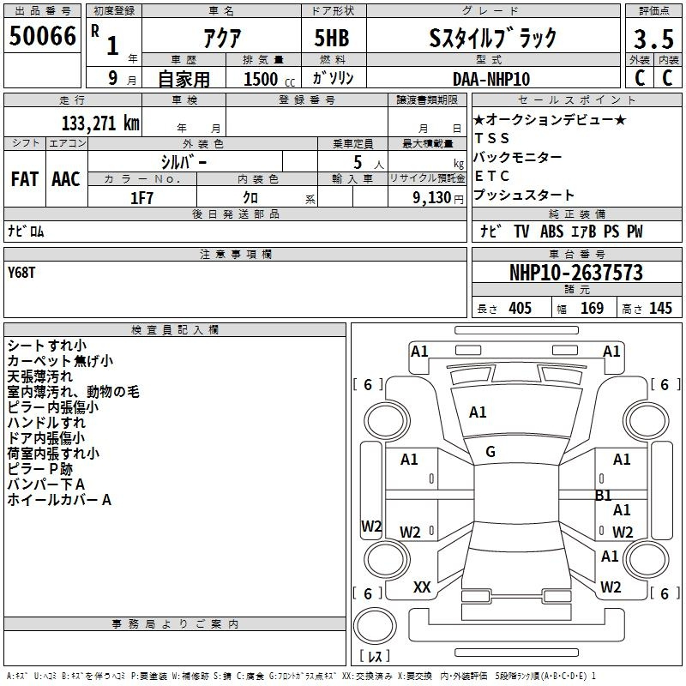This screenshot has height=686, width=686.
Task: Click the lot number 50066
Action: (x=42, y=36)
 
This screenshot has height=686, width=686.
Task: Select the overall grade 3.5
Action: (x=653, y=39)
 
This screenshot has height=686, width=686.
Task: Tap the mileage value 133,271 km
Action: (x=100, y=123)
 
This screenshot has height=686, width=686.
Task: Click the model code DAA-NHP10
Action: (x=490, y=79)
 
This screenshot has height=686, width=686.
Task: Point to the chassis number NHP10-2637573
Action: (x=576, y=273)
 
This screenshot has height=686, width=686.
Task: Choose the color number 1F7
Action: (x=141, y=198)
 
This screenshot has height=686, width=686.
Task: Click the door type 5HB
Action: (x=332, y=38)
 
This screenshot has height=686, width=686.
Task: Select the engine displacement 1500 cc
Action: (x=269, y=79)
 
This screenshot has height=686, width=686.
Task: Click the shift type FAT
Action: (x=25, y=179)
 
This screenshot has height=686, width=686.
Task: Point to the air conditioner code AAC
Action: (x=66, y=179)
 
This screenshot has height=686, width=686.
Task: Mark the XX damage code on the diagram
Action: (x=422, y=587)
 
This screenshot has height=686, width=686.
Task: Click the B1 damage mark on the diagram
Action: (x=604, y=496)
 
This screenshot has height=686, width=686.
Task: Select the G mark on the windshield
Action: (x=490, y=452)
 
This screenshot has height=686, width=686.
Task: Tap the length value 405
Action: (x=521, y=308)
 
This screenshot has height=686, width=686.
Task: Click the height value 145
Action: (x=660, y=308)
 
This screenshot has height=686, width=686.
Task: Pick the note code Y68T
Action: (x=21, y=273)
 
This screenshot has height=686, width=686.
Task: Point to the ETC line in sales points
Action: (x=491, y=176)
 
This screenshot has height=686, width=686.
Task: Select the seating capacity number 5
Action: (x=358, y=162)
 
